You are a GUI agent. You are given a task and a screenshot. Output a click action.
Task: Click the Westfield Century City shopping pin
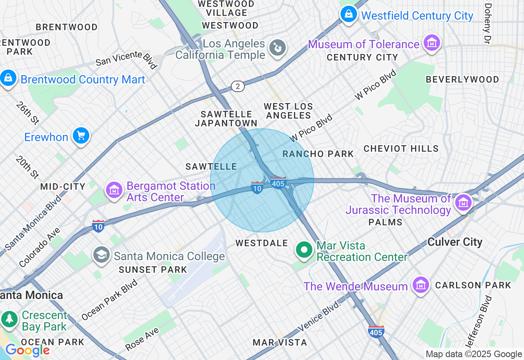[348, 15]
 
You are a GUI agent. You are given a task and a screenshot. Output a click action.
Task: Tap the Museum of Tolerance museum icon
[431, 43]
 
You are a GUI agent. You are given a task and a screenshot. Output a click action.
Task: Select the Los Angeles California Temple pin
[277, 48]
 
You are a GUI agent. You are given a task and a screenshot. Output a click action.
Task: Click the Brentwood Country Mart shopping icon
[8, 78]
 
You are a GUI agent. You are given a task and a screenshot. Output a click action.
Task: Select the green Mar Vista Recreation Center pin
[304, 250]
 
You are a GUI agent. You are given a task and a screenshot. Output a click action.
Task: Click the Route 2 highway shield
[237, 86]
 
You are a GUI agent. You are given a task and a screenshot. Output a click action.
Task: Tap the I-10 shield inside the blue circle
[257, 188]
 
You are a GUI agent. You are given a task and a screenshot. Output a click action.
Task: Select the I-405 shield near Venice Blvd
[376, 331]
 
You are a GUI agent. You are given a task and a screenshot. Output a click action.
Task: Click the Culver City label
[455, 242]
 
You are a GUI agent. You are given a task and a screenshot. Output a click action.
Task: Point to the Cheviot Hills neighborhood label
[401, 148]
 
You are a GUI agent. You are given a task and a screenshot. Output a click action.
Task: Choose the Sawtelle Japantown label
[226, 118]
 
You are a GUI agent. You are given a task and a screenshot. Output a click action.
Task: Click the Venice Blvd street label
[319, 316]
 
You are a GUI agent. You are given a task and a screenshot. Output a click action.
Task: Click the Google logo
[27, 350]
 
